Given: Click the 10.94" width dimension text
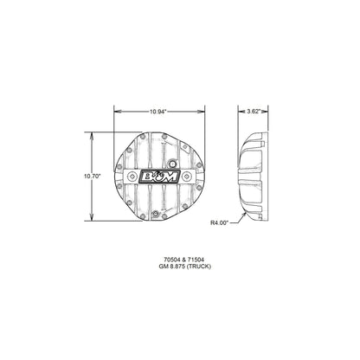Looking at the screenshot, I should pos(157,112).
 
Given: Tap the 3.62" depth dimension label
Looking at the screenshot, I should pos(251,112).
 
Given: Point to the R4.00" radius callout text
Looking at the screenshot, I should pos(220,222).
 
